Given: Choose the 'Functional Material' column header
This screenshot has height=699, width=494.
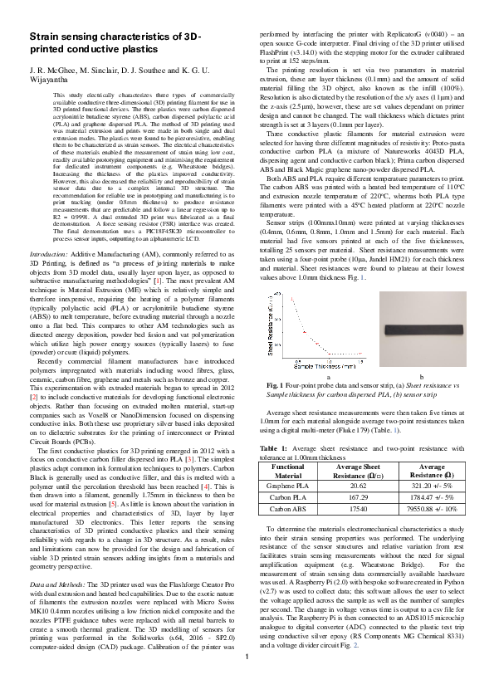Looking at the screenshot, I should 289,472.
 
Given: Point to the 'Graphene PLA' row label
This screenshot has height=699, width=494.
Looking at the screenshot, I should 289,486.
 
